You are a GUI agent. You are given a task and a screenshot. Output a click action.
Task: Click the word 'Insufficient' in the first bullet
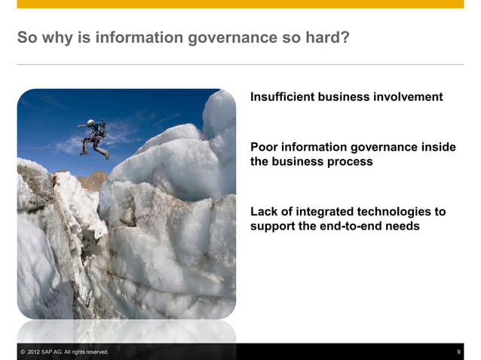(282, 97)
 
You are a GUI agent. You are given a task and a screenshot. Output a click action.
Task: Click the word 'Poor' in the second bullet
(265, 148)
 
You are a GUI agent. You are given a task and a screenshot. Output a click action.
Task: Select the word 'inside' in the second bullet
(438, 148)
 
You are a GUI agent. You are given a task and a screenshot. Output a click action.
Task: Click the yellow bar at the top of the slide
(240, 4)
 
